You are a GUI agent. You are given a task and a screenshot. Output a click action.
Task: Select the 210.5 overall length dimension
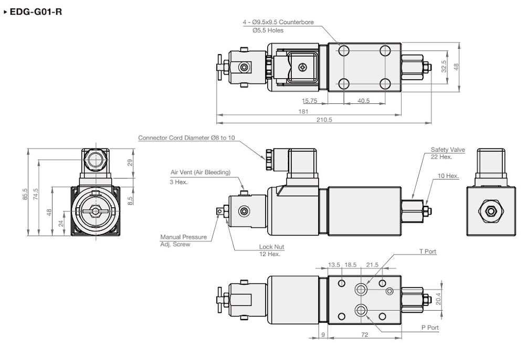(324, 120)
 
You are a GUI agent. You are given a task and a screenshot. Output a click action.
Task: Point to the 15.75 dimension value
(309, 101)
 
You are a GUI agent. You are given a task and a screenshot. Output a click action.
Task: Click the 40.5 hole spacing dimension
(363, 101)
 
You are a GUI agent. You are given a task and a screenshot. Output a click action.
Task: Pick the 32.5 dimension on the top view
(444, 67)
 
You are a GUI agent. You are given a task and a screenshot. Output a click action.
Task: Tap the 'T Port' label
(427, 252)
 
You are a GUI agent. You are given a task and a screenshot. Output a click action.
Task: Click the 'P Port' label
(429, 327)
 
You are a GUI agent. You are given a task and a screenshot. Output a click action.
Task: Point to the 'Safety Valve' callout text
(448, 150)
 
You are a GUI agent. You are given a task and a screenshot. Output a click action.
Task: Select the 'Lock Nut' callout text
(271, 247)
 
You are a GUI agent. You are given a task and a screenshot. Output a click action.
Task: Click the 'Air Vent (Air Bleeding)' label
(200, 172)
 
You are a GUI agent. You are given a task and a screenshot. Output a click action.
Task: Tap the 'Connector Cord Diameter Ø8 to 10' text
(186, 138)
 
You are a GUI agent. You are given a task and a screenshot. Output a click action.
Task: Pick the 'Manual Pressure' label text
(183, 237)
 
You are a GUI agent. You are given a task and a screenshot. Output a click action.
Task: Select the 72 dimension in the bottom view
(364, 334)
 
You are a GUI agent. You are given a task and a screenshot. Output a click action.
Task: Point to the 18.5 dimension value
(351, 265)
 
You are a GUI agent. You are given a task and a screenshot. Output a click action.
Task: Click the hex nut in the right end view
(491, 210)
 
